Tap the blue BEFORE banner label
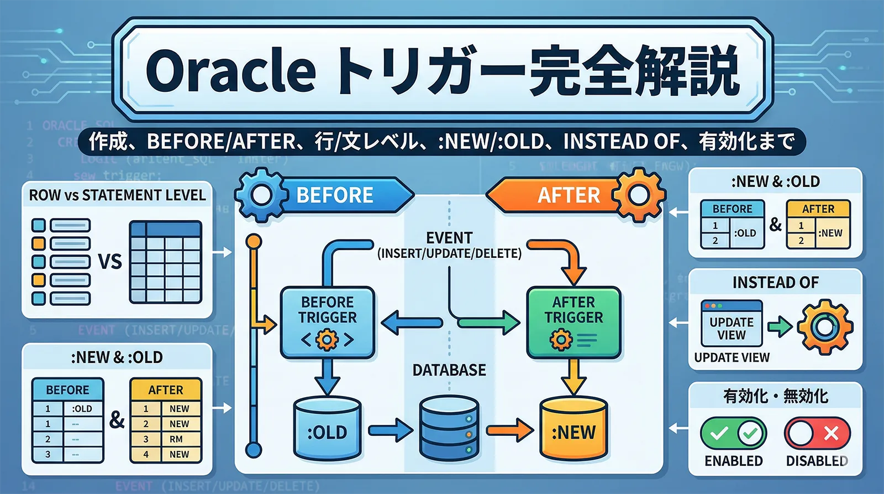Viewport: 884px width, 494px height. click(335, 195)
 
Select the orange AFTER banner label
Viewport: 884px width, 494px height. click(569, 195)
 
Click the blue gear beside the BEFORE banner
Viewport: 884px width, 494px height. click(261, 195)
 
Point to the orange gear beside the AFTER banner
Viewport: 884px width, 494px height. click(639, 195)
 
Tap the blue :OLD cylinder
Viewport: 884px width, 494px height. click(327, 430)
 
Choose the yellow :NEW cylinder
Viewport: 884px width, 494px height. click(573, 430)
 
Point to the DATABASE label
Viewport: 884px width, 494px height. click(449, 370)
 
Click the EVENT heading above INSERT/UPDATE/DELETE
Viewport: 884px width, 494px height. click(449, 238)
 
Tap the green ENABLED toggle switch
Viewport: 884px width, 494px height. click(733, 433)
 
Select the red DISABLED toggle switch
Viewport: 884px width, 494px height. click(817, 433)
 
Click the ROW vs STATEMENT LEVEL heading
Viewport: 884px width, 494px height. click(117, 195)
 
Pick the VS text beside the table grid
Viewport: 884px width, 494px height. click(110, 261)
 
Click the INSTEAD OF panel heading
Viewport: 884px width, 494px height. click(775, 283)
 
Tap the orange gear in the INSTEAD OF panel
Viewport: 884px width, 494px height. click(825, 327)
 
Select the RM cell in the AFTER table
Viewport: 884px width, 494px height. click(176, 439)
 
